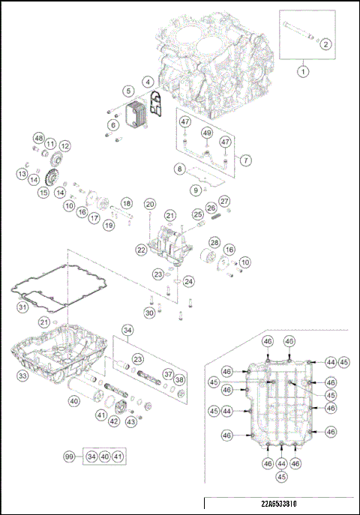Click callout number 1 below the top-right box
point(303,72)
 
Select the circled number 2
point(325,43)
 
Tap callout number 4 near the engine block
point(148,81)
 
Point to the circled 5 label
point(129,91)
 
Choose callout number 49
point(206,133)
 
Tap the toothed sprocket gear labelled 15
point(52,181)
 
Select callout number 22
point(141,249)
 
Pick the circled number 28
point(214,243)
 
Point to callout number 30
point(149,313)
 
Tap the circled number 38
point(180,380)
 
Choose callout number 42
point(114,421)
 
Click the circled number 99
point(70,456)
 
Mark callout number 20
point(150,204)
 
